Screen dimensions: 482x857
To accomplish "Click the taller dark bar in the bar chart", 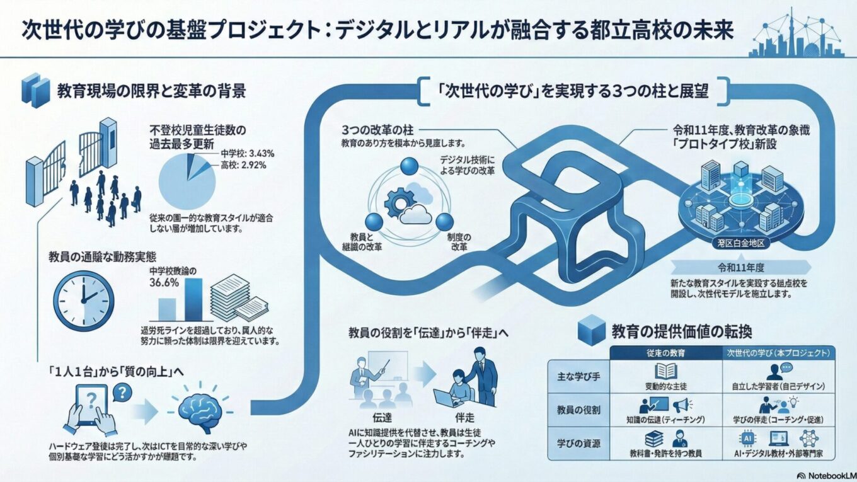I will [193, 300].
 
